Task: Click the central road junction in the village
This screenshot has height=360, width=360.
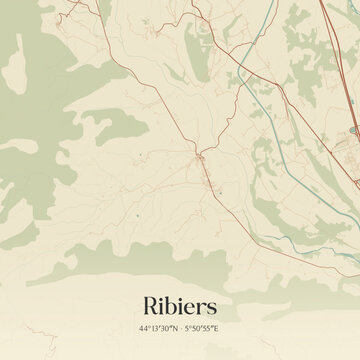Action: point(201,157)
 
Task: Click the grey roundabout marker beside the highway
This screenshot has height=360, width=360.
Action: point(352,130)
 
